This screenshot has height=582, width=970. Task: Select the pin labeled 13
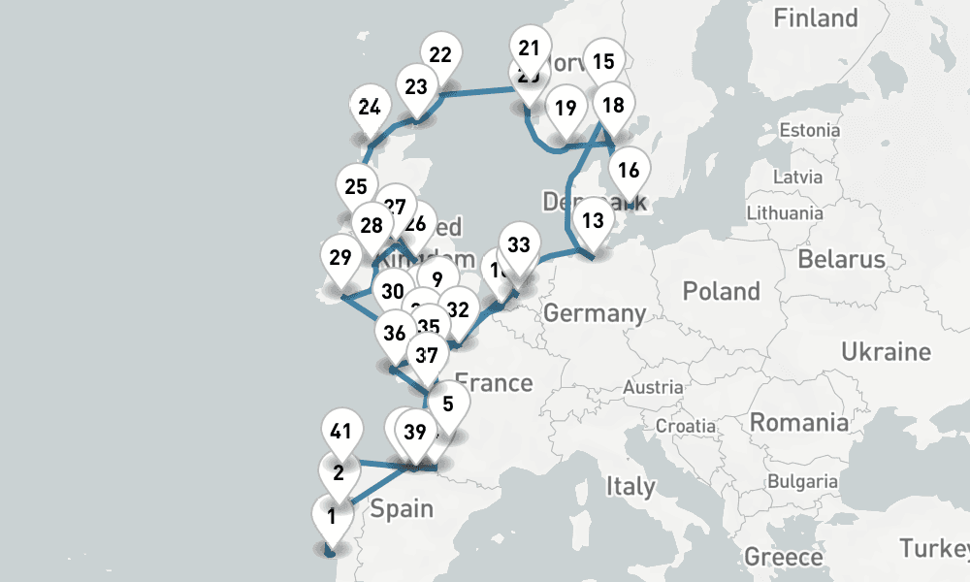coord(594,220)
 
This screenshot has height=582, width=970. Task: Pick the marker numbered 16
coord(629,172)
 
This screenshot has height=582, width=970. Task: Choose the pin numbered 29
coord(339,258)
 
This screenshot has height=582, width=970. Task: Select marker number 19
coord(566,108)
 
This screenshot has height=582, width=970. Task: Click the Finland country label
coord(815,17)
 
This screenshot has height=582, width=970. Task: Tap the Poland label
coord(721,291)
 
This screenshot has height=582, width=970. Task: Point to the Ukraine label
coord(886,351)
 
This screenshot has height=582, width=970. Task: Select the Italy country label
coord(630,485)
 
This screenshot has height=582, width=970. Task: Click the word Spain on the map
coord(402,508)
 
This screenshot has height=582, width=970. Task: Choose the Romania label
coord(798,423)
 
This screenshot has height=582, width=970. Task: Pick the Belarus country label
coord(841,259)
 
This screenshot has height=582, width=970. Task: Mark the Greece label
coord(784,557)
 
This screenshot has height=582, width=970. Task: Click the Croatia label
coord(685,426)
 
